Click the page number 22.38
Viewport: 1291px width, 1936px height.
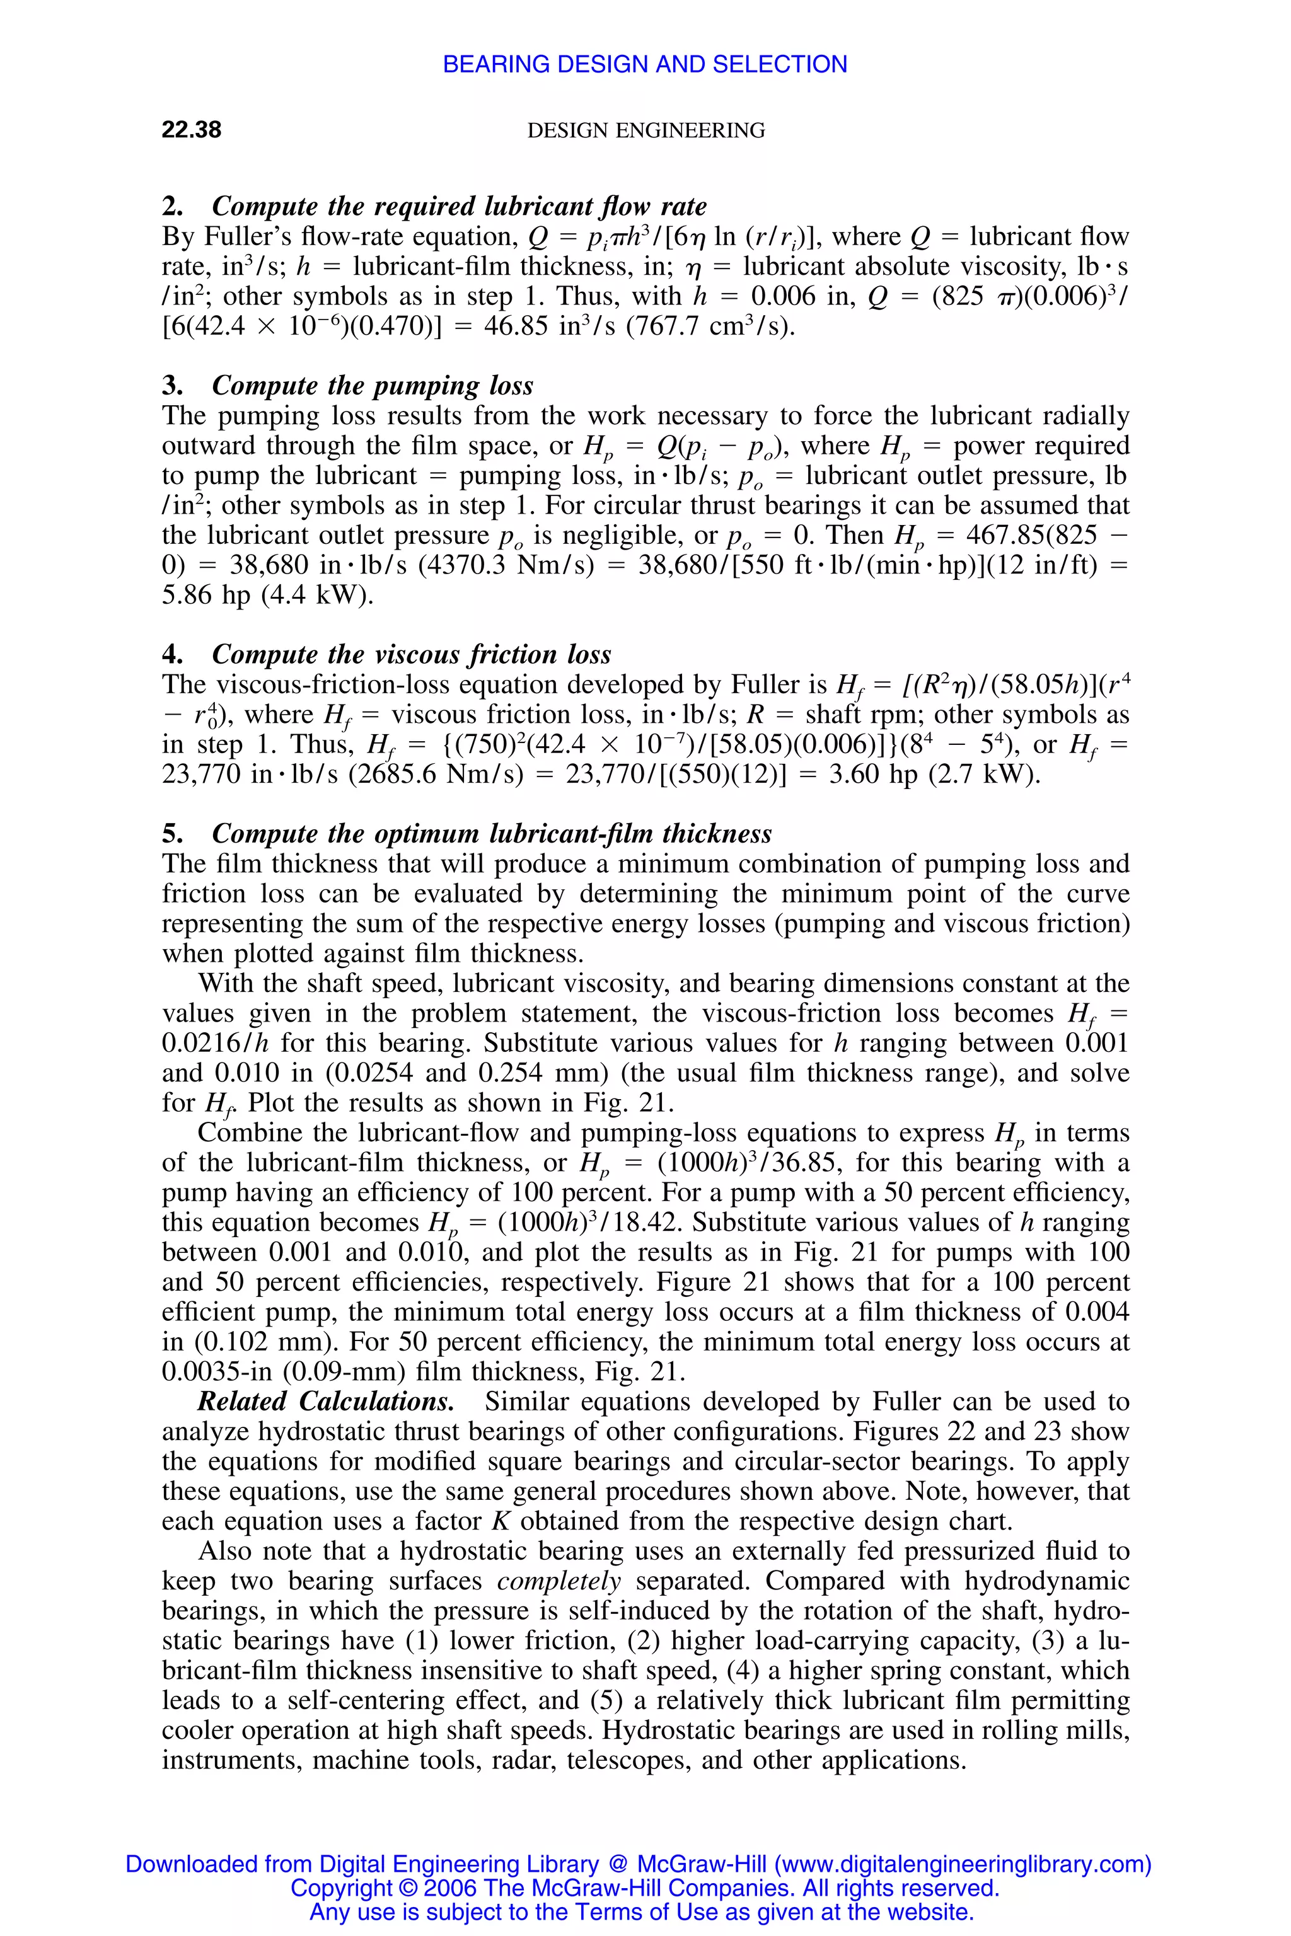point(191,130)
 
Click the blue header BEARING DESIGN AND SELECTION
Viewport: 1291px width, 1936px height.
point(645,64)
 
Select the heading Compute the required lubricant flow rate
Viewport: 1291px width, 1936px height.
point(459,206)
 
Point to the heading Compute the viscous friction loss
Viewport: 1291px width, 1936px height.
point(411,654)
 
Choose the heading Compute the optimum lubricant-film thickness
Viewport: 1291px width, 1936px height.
point(492,834)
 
